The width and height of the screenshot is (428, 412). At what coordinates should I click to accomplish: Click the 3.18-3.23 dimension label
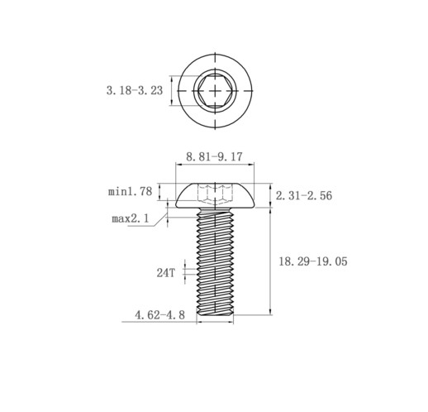(135, 90)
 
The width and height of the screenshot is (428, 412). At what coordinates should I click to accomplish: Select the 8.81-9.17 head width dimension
(214, 156)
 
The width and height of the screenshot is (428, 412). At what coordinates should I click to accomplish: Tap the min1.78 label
(130, 191)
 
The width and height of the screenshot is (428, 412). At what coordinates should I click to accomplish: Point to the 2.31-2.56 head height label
(304, 195)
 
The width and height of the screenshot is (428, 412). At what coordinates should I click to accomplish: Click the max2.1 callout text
(131, 218)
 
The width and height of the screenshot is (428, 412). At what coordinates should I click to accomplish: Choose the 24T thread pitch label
(166, 273)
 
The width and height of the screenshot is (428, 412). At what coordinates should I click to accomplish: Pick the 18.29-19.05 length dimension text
(313, 261)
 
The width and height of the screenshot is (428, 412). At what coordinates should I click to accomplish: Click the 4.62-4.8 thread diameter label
(159, 315)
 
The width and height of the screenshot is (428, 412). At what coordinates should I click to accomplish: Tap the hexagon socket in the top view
(215, 90)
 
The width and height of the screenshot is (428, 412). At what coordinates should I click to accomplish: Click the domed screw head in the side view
(215, 195)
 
